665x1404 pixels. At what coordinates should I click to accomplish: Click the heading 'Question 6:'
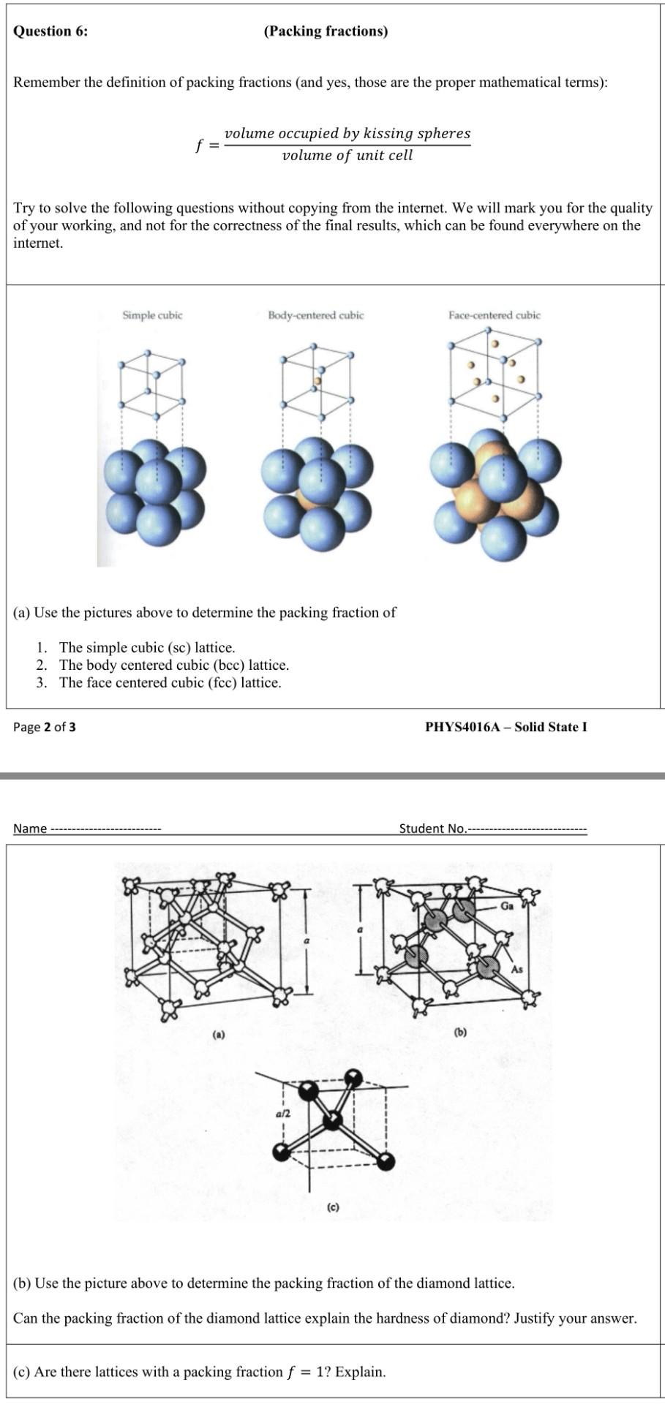click(50, 31)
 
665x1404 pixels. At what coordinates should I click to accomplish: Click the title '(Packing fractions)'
click(326, 31)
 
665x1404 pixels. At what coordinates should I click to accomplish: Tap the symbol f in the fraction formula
click(198, 145)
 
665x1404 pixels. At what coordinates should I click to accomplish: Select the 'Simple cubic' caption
click(152, 315)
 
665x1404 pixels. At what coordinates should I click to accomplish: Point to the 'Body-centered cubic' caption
click(315, 315)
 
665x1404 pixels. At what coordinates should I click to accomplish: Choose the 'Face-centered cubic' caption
click(495, 315)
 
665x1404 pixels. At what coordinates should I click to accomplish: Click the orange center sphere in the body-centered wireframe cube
click(318, 380)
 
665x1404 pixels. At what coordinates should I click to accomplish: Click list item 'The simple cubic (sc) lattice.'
click(147, 647)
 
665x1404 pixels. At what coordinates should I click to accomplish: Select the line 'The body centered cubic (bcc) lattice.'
click(174, 665)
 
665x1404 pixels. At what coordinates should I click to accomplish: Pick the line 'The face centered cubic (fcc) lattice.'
click(170, 682)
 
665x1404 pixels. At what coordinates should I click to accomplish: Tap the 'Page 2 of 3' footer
click(45, 727)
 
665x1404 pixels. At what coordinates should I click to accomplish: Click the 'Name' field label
click(30, 829)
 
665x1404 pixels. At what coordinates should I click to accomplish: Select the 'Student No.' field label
click(432, 829)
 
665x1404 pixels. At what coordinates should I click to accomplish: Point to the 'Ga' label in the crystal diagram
click(507, 906)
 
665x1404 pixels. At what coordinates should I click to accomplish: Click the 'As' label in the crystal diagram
click(517, 969)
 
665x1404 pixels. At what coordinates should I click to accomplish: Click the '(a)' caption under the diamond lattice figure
click(219, 1035)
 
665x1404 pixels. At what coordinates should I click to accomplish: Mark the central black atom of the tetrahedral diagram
click(333, 1120)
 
